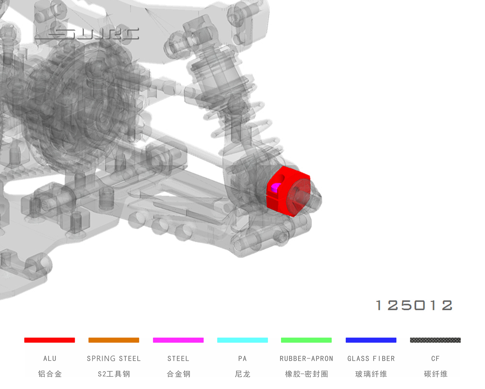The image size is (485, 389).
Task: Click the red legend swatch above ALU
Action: pos(49,340)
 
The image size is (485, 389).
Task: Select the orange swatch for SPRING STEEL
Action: pos(114,340)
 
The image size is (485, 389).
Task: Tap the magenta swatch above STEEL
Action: pos(178,340)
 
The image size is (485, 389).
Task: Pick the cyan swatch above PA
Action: pos(242,340)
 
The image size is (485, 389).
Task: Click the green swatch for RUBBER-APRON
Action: pos(306,340)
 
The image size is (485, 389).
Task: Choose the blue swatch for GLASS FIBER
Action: pos(371,340)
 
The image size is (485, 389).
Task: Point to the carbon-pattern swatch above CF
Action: pos(436,340)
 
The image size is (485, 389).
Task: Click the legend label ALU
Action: pos(50,359)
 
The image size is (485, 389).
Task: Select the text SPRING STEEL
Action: pos(114,359)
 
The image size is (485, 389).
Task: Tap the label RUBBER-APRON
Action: pos(307,359)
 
